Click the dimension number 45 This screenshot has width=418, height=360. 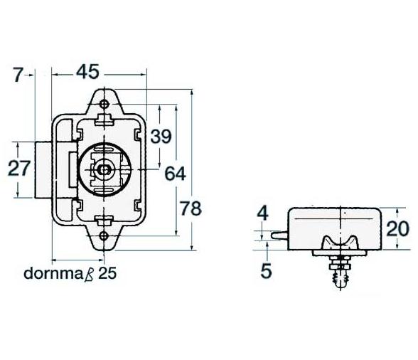(x=87, y=72)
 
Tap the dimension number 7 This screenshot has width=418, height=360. (x=18, y=75)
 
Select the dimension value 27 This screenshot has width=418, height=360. (x=19, y=169)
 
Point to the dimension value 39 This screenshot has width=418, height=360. (x=161, y=137)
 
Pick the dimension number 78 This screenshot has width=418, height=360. (x=191, y=208)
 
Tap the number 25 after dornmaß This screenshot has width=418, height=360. (x=108, y=273)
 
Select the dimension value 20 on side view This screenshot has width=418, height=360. (x=397, y=228)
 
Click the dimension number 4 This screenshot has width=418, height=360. (x=263, y=213)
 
